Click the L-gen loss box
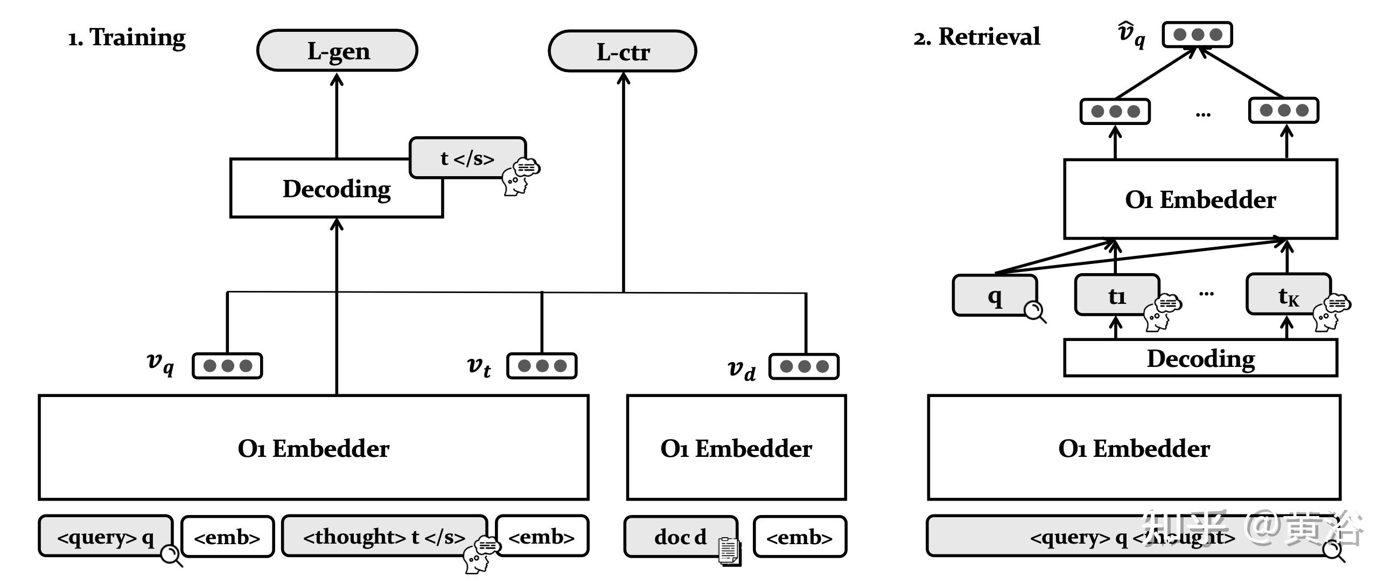[337, 51]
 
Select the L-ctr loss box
[622, 52]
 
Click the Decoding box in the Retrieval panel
[1200, 358]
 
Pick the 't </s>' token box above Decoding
[467, 157]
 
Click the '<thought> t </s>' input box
[384, 536]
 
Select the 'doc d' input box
[680, 536]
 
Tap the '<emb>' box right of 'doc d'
[799, 537]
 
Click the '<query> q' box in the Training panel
[106, 537]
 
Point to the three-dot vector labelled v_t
[542, 366]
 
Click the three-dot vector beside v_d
[804, 366]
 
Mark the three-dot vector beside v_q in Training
[227, 366]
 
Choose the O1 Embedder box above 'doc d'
[736, 448]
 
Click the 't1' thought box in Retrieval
[1117, 295]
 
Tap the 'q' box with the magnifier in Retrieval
[995, 295]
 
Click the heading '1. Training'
[127, 37]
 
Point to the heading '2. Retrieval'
[976, 37]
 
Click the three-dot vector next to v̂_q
[1197, 35]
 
